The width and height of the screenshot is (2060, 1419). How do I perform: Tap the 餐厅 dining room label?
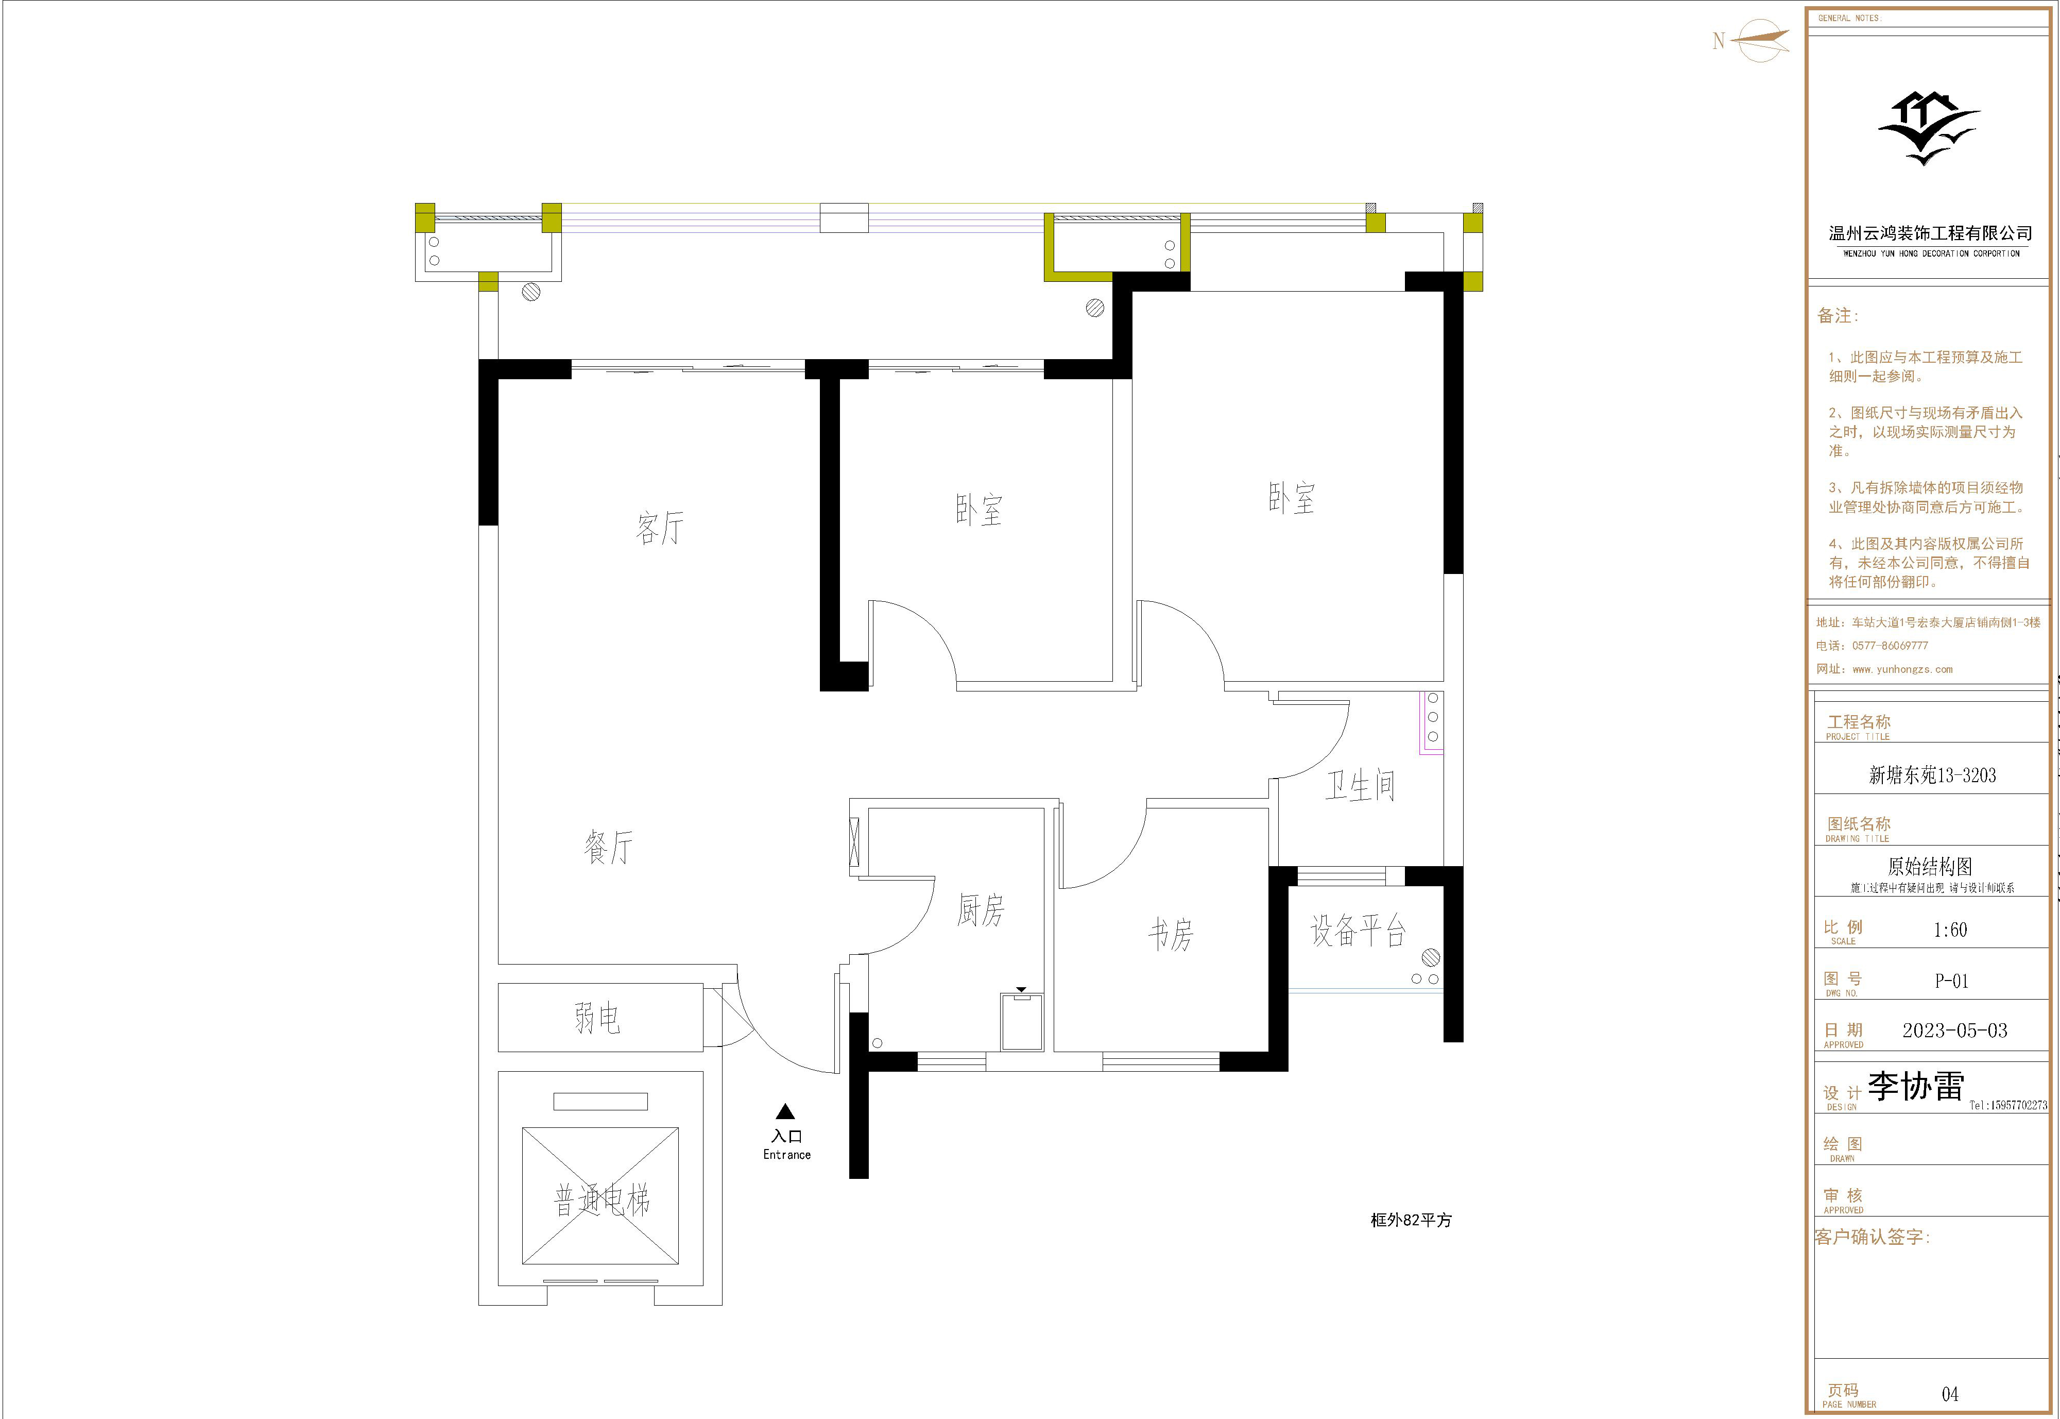coord(609,847)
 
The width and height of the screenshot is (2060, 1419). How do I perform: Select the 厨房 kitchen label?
coord(980,910)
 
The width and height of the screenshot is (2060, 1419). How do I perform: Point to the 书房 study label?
coord(1171,935)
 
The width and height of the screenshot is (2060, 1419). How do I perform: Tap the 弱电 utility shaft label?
coord(597,1018)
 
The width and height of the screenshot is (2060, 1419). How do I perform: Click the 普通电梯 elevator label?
coord(602,1201)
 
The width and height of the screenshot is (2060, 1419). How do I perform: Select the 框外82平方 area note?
coord(1411,1221)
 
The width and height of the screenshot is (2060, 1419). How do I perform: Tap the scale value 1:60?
coord(1951,930)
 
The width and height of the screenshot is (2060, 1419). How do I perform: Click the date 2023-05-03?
coord(1955,1031)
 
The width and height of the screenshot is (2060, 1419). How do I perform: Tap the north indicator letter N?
coord(1719,41)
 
